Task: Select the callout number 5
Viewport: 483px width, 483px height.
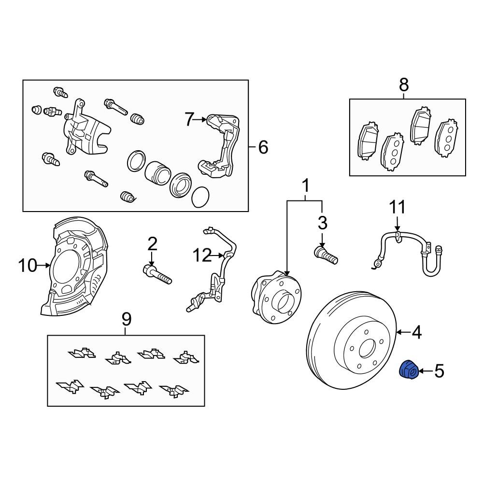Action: coord(439,371)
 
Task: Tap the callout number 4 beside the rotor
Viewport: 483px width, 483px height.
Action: coord(416,332)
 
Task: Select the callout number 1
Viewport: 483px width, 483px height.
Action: coord(305,185)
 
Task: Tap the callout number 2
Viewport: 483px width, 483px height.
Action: coord(153,244)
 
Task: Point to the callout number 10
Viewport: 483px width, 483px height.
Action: coord(28,265)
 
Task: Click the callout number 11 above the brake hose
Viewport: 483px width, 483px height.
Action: coord(398,207)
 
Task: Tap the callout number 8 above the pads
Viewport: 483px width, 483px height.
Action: coord(404,85)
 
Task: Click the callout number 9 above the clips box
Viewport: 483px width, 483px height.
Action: coord(126,319)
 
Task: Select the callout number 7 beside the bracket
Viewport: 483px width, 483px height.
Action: coord(189,119)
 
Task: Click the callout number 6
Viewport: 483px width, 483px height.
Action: coord(263,147)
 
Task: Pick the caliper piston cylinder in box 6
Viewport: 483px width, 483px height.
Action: coord(157,171)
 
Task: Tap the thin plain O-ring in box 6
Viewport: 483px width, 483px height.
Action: coord(200,197)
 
